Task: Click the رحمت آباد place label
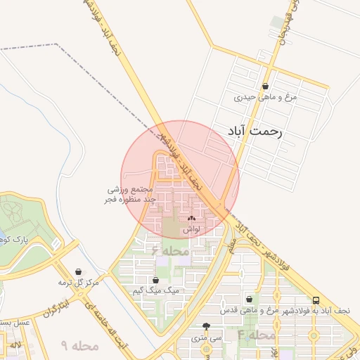pyautogui.click(x=255, y=132)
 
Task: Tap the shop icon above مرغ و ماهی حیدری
pyautogui.click(x=265, y=86)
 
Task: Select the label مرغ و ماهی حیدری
pyautogui.click(x=266, y=97)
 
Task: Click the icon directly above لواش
pyautogui.click(x=191, y=219)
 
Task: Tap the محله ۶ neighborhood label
pyautogui.click(x=170, y=250)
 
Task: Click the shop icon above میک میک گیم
pyautogui.click(x=155, y=279)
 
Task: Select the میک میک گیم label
pyautogui.click(x=156, y=290)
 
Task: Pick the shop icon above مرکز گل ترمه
pyautogui.click(x=78, y=272)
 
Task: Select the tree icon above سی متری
pyautogui.click(x=206, y=326)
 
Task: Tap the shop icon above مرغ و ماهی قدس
pyautogui.click(x=249, y=299)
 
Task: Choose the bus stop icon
pyautogui.click(x=316, y=299)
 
